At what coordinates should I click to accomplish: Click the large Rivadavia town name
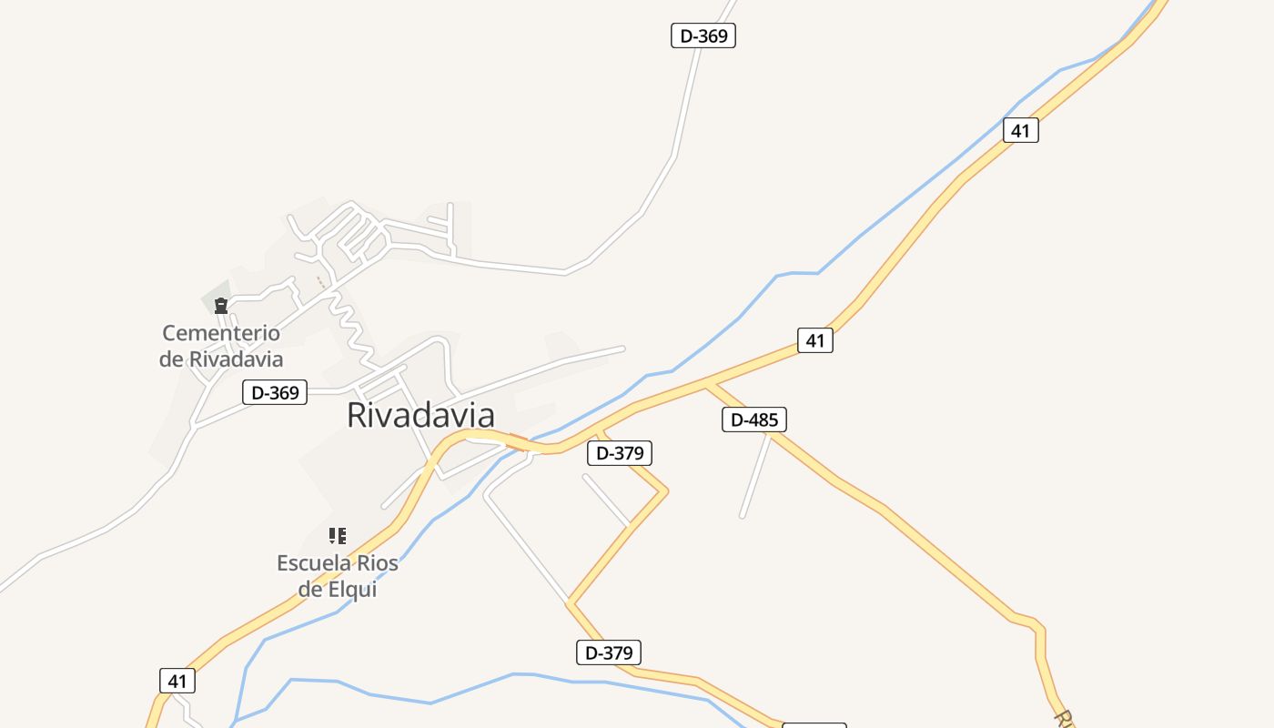click(x=420, y=415)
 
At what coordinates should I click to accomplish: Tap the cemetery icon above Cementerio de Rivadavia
click(x=220, y=306)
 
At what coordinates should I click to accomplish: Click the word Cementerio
click(x=221, y=333)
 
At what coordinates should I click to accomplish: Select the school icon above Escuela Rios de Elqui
click(x=338, y=536)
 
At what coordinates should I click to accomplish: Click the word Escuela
click(x=308, y=563)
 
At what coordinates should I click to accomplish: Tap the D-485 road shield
click(x=753, y=420)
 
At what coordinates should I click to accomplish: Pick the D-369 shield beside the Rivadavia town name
click(x=275, y=393)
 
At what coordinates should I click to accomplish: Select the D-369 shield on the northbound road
click(x=703, y=36)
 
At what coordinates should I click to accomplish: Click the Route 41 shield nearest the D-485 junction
click(x=814, y=340)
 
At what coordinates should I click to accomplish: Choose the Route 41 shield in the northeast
click(x=1020, y=130)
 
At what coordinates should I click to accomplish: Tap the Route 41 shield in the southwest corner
click(x=177, y=680)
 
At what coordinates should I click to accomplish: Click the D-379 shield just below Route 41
click(x=620, y=452)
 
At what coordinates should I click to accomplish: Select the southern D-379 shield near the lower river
click(x=609, y=652)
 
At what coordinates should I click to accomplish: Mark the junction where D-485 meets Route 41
click(x=707, y=386)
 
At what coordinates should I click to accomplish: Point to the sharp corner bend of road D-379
click(x=665, y=491)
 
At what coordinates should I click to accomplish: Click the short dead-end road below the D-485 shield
click(x=755, y=478)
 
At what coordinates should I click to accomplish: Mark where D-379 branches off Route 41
click(x=601, y=430)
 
